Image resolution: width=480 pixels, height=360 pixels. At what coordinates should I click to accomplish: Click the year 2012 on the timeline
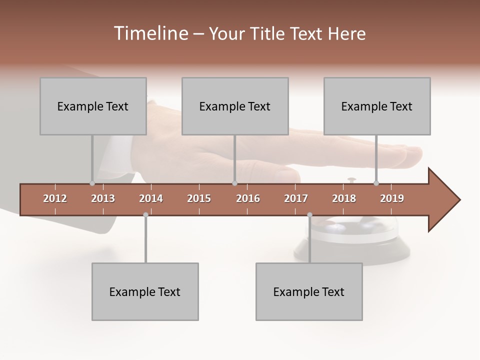55,198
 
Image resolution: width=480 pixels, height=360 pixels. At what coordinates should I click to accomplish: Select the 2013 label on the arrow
103,198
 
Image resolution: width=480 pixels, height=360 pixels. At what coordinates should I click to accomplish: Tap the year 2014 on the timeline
151,198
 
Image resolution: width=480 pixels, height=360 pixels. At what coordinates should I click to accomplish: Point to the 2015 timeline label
199,198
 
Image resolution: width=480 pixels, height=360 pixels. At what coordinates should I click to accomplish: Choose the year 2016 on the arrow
248,198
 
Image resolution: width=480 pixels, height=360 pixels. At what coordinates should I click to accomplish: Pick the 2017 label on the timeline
296,198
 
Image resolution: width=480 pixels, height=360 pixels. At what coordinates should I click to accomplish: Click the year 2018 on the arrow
344,198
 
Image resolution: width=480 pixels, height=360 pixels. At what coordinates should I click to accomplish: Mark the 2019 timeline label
392,198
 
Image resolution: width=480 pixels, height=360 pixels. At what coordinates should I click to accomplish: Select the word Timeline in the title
150,33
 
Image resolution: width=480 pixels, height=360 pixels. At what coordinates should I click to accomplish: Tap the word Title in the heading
269,33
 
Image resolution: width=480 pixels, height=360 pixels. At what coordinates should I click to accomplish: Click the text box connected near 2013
93,106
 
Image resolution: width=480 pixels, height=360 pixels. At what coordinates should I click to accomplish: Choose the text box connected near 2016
235,106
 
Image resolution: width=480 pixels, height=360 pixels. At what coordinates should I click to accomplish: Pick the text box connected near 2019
377,106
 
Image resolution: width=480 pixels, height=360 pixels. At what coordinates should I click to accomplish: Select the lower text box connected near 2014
145,291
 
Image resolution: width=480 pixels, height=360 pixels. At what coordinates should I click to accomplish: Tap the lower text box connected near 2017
309,291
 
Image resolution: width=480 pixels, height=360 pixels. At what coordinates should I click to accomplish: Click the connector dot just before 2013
92,183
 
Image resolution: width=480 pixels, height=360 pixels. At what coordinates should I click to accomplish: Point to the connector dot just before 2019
376,183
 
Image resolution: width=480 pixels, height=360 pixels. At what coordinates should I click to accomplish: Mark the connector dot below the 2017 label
309,215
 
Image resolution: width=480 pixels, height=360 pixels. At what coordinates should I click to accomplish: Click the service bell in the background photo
350,235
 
